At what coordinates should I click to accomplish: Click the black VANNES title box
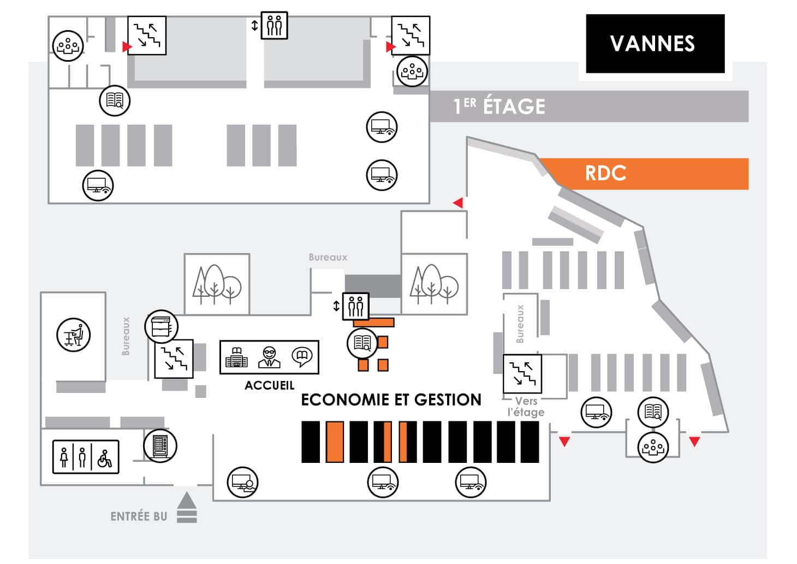click(655, 44)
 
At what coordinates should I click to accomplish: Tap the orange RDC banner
click(644, 174)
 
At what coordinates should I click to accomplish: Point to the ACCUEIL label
click(269, 385)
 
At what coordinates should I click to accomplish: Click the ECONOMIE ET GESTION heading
click(391, 400)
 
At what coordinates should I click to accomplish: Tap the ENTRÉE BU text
click(139, 516)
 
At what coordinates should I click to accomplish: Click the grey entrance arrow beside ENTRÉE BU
click(187, 507)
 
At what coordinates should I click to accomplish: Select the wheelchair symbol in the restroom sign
click(105, 457)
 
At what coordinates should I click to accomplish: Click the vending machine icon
click(160, 445)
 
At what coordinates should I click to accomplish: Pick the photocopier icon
click(162, 327)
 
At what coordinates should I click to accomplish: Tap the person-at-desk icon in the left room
click(74, 334)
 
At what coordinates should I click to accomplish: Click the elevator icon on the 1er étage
click(274, 26)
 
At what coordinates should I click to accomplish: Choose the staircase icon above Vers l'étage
click(522, 374)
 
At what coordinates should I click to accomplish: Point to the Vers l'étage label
click(526, 407)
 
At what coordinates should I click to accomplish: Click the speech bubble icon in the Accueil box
click(301, 357)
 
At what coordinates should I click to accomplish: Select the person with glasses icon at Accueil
click(269, 357)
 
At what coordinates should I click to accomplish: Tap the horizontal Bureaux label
click(328, 257)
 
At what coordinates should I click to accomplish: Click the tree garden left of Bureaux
click(217, 284)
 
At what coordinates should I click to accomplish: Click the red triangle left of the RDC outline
click(458, 203)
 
